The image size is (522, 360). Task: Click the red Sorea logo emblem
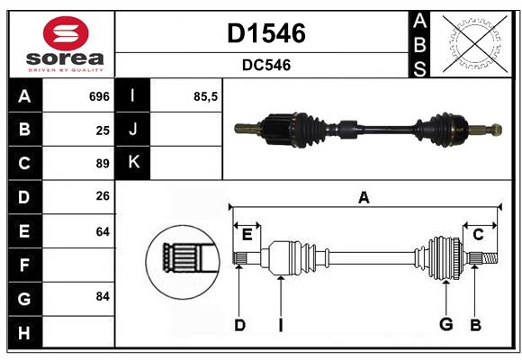(66, 33)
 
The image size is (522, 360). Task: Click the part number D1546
(266, 33)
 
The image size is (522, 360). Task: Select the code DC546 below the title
(266, 65)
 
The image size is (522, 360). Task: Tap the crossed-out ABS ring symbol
(475, 44)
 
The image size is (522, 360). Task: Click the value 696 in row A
(99, 96)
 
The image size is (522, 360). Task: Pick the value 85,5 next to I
(205, 96)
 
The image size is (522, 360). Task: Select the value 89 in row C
(103, 164)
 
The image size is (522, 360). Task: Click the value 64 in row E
(103, 231)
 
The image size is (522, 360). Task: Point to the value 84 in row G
(103, 296)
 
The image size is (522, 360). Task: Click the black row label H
(25, 332)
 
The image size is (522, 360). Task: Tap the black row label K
(132, 162)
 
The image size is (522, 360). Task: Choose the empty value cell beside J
(186, 129)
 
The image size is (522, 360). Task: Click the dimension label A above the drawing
(364, 197)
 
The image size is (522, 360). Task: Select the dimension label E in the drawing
(247, 235)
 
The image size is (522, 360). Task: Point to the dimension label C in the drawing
(478, 235)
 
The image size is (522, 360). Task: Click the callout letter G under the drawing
(445, 324)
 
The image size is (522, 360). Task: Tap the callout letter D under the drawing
(239, 325)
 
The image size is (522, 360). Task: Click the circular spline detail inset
(183, 262)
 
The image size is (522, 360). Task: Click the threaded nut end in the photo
(496, 130)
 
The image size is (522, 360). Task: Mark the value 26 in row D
(103, 196)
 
